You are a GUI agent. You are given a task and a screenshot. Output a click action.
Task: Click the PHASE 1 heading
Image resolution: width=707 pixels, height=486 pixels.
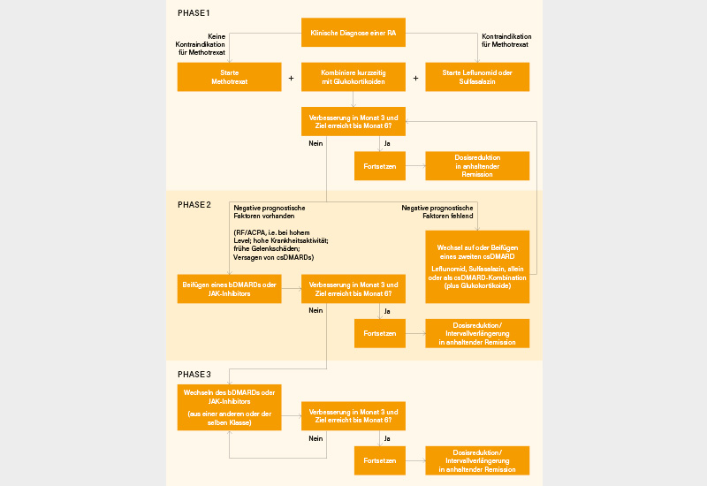[194, 13]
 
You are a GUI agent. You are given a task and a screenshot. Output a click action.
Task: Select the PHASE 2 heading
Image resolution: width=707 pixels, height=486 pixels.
[194, 204]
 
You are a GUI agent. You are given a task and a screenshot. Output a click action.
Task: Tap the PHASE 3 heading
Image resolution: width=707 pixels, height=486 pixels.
[194, 374]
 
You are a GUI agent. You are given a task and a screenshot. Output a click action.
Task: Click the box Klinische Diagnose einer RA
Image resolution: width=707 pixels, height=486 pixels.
[353, 33]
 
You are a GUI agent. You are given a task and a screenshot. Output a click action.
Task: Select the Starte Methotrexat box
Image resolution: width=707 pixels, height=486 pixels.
[229, 77]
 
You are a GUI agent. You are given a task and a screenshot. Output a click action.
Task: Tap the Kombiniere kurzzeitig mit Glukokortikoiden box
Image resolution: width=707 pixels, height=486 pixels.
[353, 77]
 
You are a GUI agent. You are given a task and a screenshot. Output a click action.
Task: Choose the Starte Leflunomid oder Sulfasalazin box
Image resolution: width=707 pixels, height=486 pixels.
[477, 77]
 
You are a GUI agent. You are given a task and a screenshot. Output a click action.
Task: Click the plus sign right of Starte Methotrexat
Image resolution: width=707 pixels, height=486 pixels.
[291, 78]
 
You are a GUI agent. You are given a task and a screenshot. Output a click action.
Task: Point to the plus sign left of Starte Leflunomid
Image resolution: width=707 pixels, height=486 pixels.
[415, 78]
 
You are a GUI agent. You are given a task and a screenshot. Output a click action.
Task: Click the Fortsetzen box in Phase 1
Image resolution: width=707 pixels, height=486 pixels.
[379, 165]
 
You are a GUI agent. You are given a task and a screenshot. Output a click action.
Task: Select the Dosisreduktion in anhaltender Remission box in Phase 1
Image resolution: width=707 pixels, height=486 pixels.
[477, 165]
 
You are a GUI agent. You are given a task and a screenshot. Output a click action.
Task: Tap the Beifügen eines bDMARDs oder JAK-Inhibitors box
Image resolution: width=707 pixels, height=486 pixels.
[229, 289]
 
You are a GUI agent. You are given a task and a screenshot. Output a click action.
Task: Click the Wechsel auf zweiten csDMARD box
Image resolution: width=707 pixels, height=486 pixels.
[477, 266]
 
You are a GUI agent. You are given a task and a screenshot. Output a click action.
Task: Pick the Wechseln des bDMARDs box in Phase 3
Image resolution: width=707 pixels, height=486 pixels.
[229, 406]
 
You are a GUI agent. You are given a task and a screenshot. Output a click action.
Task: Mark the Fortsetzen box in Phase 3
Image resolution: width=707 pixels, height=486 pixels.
[379, 460]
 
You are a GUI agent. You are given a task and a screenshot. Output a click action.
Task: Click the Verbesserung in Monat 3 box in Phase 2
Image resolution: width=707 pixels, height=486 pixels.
[353, 289]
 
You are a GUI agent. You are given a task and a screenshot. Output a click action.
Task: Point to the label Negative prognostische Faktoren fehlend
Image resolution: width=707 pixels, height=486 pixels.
[437, 211]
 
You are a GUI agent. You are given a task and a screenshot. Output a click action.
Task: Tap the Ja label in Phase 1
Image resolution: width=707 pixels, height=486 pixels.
[386, 142]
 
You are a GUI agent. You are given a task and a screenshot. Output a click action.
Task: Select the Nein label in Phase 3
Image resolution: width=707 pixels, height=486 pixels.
[315, 437]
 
